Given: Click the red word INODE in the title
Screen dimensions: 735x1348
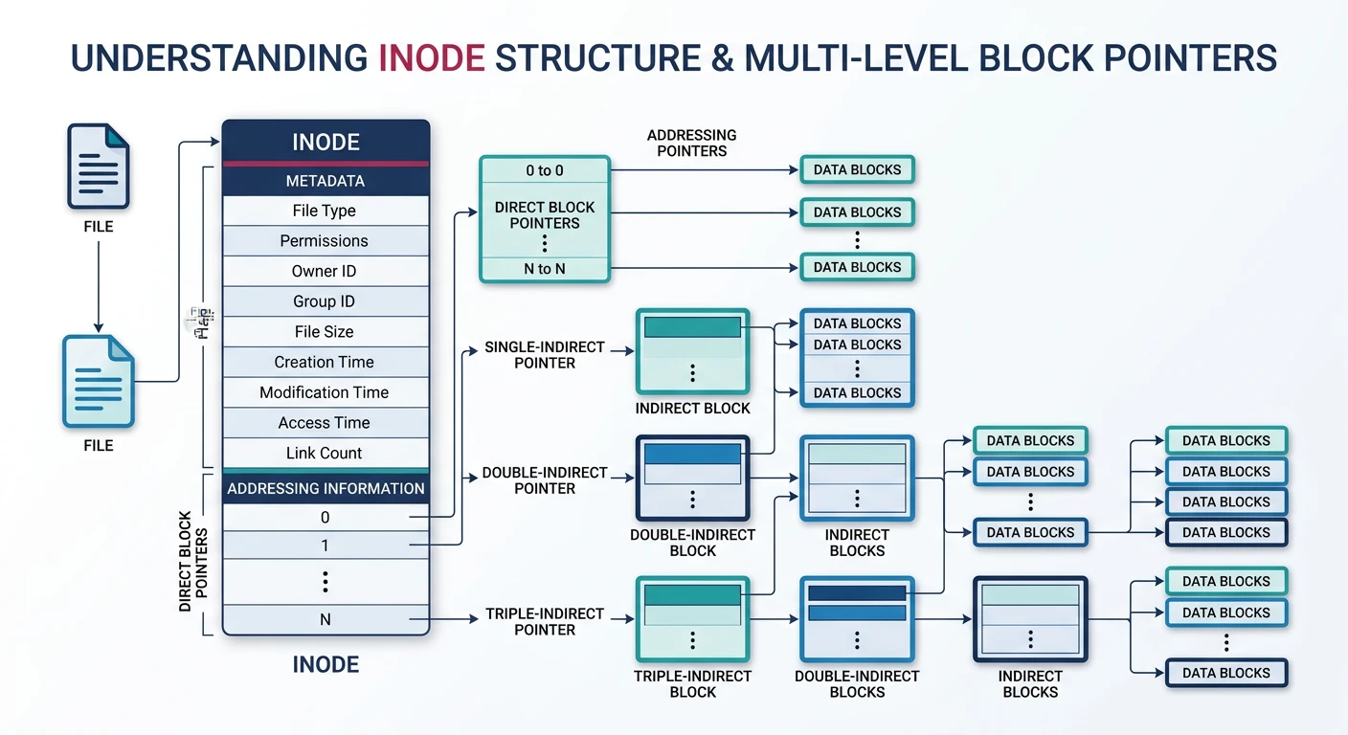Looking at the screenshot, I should click(x=431, y=57).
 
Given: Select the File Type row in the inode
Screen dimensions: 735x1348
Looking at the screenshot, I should click(x=325, y=211).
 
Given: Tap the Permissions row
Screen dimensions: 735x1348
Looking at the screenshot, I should click(x=325, y=241).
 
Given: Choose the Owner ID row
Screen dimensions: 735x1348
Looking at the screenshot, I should click(x=325, y=271).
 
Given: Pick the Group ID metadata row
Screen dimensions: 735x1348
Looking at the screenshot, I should click(x=325, y=301).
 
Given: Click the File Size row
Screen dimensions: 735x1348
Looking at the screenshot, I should click(x=325, y=332).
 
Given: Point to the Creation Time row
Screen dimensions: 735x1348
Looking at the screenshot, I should click(x=325, y=362).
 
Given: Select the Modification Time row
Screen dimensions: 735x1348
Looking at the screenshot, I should click(x=325, y=392).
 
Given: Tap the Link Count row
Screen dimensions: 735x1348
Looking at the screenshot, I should click(x=325, y=453).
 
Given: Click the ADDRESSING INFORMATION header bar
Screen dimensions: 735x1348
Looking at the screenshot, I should click(x=326, y=488).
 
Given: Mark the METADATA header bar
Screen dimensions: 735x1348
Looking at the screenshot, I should click(x=326, y=181).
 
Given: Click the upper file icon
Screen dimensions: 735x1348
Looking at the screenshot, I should click(x=98, y=167).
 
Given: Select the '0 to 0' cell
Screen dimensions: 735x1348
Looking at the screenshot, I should click(x=544, y=170).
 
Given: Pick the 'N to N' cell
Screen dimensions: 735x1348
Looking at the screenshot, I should click(x=544, y=269).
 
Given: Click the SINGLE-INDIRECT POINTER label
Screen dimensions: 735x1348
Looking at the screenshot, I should click(x=544, y=355).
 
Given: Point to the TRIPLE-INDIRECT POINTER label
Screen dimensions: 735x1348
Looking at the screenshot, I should click(x=544, y=621).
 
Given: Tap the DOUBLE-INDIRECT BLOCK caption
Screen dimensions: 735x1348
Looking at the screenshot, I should click(x=692, y=543).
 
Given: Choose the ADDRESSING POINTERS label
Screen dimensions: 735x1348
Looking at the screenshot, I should click(x=691, y=143).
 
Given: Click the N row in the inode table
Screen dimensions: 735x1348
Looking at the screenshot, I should click(x=326, y=619).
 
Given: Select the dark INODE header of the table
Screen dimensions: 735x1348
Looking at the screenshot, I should click(x=326, y=143).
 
